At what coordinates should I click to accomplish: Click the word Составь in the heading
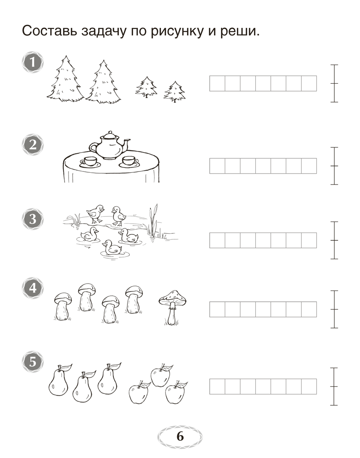tap(49, 31)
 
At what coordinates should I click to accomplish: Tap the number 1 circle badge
tap(33, 62)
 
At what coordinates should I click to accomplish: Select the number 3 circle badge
tap(33, 219)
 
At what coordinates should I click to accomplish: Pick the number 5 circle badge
tap(33, 362)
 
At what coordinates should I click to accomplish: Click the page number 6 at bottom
tap(180, 436)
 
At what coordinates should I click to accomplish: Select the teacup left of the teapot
tap(90, 162)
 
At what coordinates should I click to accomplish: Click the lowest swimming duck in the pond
tap(112, 248)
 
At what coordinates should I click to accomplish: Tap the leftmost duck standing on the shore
tap(95, 214)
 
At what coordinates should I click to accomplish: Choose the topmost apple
tap(161, 376)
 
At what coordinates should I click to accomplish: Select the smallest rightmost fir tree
tap(175, 92)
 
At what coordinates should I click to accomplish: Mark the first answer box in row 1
tap(217, 84)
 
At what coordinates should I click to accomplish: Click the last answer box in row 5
tap(309, 386)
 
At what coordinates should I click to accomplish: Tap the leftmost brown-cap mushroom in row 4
tap(63, 306)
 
